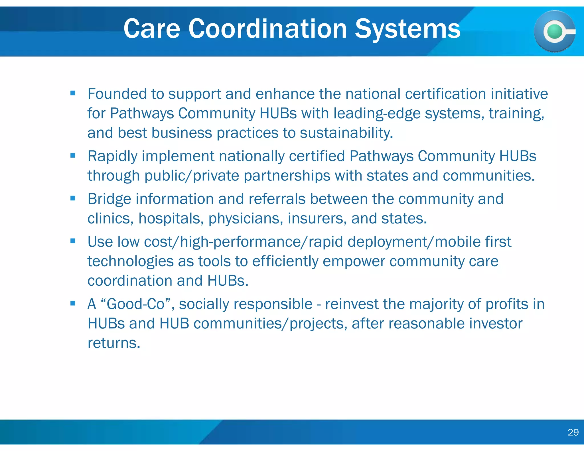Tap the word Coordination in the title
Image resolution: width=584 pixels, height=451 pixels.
[x=267, y=29]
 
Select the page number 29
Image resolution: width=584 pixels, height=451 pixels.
[x=573, y=432]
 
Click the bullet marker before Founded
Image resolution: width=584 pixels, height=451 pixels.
[x=73, y=93]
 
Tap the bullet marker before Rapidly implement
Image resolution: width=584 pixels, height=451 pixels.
[x=73, y=155]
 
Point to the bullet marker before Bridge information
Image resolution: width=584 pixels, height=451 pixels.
[x=73, y=198]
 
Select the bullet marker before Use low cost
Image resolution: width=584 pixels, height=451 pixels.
[x=73, y=241]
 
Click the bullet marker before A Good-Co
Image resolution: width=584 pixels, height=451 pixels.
[x=73, y=303]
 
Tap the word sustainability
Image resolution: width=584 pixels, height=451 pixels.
[x=346, y=133]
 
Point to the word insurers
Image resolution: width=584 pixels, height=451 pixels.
[x=317, y=219]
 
